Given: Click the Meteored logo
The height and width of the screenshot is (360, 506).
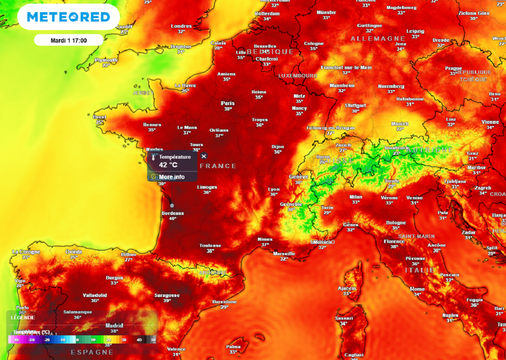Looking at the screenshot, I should tap(68, 17).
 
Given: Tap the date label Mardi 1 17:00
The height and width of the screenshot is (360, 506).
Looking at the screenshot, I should tap(69, 40).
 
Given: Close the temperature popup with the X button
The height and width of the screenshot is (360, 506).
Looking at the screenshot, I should tap(204, 156).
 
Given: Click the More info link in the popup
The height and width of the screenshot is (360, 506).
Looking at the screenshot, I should tap(171, 177).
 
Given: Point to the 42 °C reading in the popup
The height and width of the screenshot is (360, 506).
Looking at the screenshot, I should tap(168, 164).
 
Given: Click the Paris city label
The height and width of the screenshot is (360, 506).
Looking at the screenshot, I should tap(228, 103).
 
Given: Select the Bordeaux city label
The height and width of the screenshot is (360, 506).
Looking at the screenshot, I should tap(172, 213).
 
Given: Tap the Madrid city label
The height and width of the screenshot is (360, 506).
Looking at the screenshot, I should tap(114, 326).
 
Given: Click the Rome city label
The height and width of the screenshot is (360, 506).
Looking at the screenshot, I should tap(418, 289).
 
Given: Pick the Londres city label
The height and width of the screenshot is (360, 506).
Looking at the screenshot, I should tap(181, 26).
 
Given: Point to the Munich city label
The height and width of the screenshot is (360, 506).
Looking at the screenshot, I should tap(400, 123).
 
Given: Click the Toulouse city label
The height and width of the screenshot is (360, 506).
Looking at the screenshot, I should tap(210, 245).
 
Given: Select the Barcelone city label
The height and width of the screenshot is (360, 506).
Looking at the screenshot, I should tap(224, 302).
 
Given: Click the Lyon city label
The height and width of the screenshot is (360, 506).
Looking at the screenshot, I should tap(274, 189).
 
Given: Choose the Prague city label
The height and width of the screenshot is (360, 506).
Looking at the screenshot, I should tap(453, 69).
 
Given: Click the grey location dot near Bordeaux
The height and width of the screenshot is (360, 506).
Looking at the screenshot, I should tap(172, 205).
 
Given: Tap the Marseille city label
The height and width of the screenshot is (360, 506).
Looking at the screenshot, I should tap(284, 253).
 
